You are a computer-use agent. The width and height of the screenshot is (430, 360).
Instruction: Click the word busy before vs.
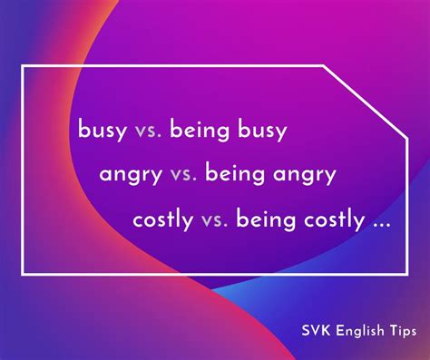tap(102, 131)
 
